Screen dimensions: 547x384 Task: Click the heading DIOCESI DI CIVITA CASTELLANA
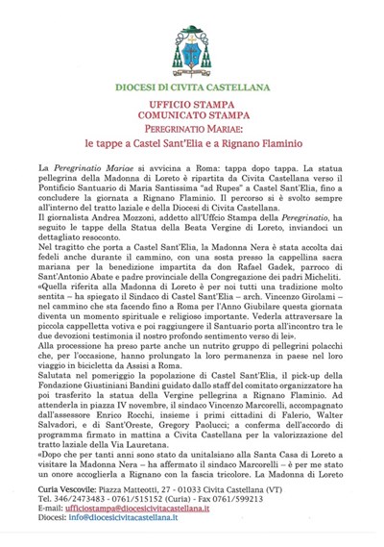tap(193, 87)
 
